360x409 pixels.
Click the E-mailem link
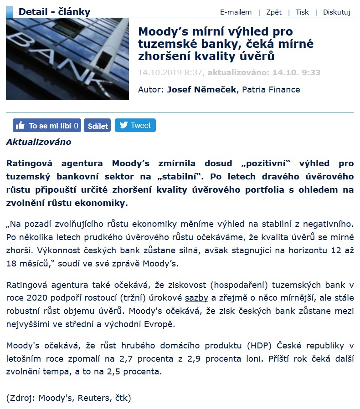point(236,12)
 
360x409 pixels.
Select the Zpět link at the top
point(274,12)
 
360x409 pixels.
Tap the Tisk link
point(302,12)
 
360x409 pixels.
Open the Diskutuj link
point(336,12)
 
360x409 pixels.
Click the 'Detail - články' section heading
point(55,12)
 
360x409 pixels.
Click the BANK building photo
point(67,59)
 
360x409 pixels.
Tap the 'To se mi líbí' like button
point(47,126)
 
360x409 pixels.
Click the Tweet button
point(135,125)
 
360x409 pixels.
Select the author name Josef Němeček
point(202,89)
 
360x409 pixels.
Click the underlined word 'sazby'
point(197,298)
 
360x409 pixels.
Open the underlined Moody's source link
point(55,398)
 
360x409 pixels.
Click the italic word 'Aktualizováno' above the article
point(39,142)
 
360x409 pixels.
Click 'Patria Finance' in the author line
point(271,89)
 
